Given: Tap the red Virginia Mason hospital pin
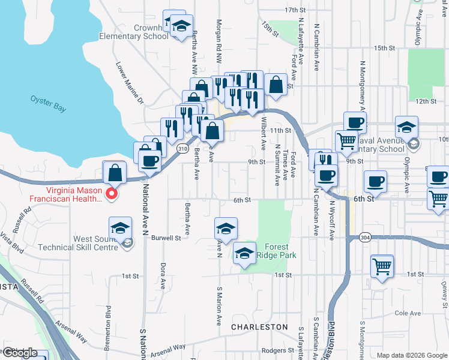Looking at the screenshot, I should pos(111,193).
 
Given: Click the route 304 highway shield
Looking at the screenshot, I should pos(365,238).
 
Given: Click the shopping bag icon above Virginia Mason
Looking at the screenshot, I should pos(115,173).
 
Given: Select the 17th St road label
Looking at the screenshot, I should pos(295,10).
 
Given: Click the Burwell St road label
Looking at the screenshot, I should pos(166,238).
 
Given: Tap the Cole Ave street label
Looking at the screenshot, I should pos(408,313).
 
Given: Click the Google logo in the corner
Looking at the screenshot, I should pos(19,353).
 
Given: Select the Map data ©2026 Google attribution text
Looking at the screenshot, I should pos(412,355).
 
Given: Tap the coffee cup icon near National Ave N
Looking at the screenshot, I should pos(149,161).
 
